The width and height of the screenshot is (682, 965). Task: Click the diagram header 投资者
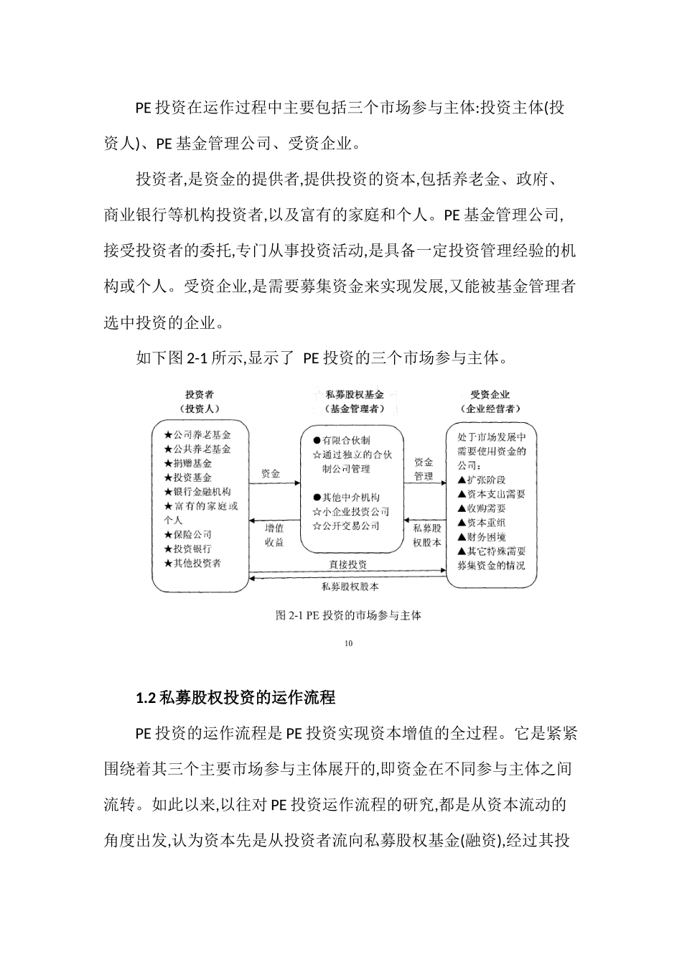pos(200,394)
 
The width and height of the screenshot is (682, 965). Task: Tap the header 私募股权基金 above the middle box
pos(354,394)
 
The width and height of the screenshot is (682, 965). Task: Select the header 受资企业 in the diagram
pos(491,394)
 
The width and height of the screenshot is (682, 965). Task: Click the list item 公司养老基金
pos(197,434)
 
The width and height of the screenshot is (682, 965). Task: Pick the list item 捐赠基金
pos(187,463)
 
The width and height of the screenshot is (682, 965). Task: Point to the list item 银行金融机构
pos(197,492)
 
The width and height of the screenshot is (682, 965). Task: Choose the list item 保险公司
pos(187,534)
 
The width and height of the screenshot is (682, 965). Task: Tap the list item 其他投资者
pos(192,563)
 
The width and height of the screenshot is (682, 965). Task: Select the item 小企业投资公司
pos(351,511)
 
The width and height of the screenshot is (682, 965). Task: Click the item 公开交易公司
pos(346,526)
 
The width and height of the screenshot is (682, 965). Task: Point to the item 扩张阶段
pos(482,480)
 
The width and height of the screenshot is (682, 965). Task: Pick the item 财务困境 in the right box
pos(482,537)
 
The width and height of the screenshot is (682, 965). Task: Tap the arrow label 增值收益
pos(274,535)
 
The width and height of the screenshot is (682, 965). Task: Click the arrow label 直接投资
pos(348,565)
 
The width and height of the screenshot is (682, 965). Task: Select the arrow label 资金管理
pos(424,469)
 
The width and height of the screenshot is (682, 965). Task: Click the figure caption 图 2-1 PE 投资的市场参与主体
pos(348,615)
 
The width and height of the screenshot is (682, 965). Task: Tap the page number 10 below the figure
pos(349,643)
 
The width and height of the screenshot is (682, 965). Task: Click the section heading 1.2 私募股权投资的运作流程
pos(235,697)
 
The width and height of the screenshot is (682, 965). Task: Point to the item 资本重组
pos(482,523)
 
